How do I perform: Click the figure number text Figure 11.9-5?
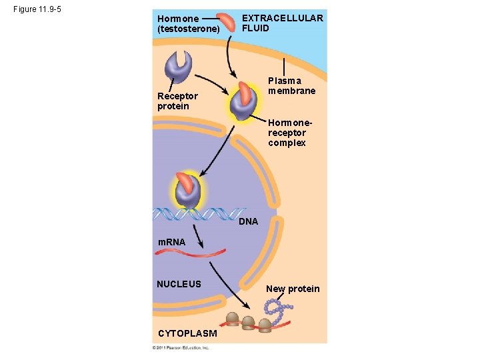(x=38, y=11)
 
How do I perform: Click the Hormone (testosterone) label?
(x=188, y=24)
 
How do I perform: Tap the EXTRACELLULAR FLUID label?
(x=282, y=23)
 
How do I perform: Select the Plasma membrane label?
(x=291, y=85)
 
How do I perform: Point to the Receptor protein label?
(x=177, y=101)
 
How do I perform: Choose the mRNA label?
(x=171, y=243)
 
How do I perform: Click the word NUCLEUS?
(x=179, y=284)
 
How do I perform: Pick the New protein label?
(x=293, y=289)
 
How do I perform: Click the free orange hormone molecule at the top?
(x=229, y=21)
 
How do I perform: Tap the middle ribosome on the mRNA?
(x=249, y=323)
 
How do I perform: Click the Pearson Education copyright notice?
(x=181, y=347)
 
